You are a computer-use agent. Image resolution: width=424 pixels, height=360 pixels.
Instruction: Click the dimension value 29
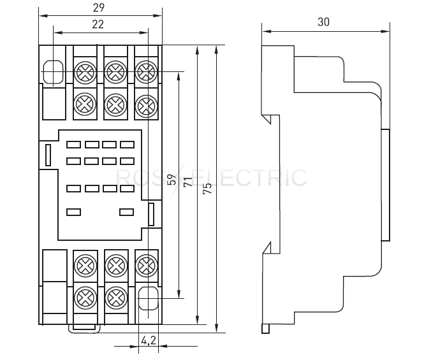tap(98, 8)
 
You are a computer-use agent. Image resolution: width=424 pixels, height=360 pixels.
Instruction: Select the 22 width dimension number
tap(98, 24)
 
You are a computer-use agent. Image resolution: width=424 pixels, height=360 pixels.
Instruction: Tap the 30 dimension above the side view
tap(323, 22)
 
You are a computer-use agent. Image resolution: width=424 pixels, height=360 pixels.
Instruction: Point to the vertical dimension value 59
tap(172, 179)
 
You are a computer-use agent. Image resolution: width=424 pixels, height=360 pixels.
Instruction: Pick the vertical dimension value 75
tap(207, 189)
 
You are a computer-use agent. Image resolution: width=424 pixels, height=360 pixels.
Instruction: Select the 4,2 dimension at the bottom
tap(147, 340)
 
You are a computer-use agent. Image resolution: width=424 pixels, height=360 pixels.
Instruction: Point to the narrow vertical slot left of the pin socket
tap(48, 154)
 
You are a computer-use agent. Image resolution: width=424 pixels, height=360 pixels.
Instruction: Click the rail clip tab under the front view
tap(83, 327)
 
